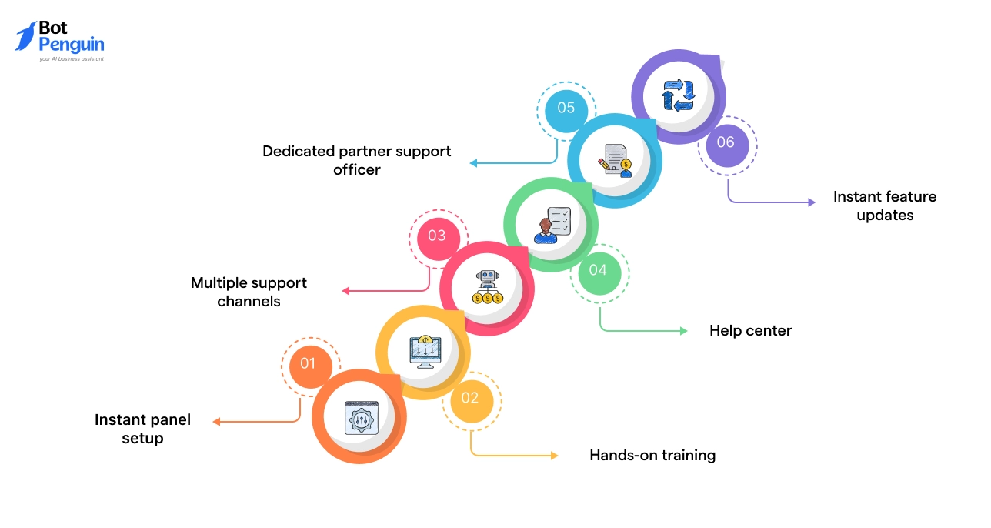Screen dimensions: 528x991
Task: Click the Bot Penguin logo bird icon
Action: (x=25, y=36)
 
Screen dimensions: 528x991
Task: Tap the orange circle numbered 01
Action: (x=309, y=363)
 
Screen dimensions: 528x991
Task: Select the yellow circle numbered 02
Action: (x=470, y=398)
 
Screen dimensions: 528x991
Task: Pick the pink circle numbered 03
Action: (x=437, y=236)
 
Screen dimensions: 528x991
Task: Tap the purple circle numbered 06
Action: (x=726, y=142)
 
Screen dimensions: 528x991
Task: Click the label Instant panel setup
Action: (x=142, y=429)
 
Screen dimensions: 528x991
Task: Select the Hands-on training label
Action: (x=652, y=455)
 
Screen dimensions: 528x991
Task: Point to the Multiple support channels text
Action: (x=249, y=292)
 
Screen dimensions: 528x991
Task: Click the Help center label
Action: (x=750, y=330)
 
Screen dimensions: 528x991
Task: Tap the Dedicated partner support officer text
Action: (x=357, y=160)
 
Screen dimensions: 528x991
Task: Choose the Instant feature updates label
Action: (x=885, y=206)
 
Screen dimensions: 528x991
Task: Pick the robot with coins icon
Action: (x=487, y=288)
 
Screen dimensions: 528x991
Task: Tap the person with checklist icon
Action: (x=552, y=225)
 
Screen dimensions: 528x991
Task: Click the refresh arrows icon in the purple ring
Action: (x=679, y=96)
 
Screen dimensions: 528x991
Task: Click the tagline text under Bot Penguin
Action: (x=71, y=58)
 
